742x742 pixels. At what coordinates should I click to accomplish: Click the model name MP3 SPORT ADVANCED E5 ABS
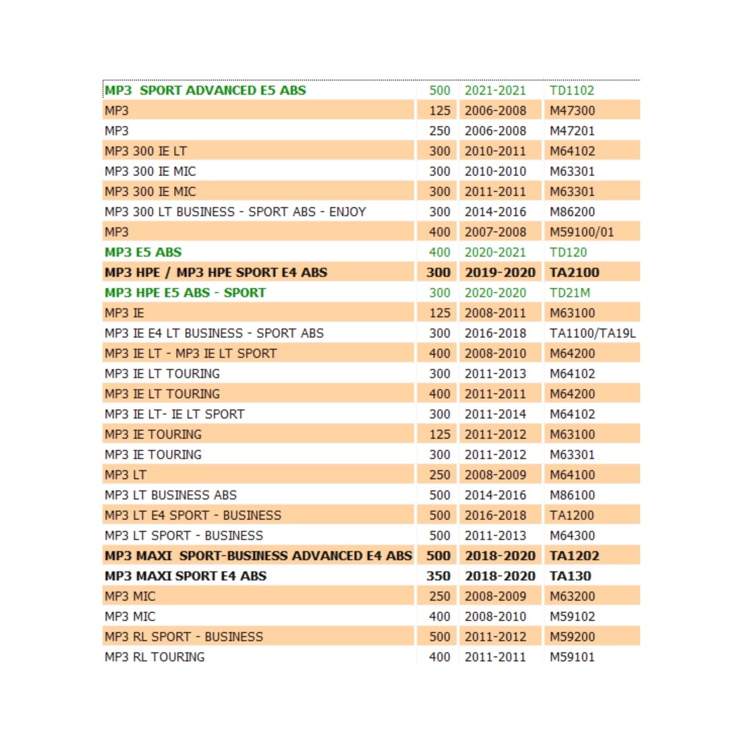tap(205, 90)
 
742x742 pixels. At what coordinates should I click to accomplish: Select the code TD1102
tap(572, 90)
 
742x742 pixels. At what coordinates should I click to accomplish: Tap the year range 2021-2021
tap(495, 90)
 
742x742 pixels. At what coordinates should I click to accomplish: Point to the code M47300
tap(572, 111)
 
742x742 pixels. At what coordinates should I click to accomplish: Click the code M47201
tap(572, 131)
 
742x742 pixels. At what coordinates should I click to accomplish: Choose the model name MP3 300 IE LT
tap(146, 151)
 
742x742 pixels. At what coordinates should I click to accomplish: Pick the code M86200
tap(572, 212)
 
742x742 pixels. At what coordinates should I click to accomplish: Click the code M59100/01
tap(581, 232)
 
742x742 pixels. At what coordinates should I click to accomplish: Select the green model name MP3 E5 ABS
tap(143, 252)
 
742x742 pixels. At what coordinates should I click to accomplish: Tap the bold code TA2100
tap(574, 273)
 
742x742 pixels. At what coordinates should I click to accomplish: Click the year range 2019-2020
tap(500, 273)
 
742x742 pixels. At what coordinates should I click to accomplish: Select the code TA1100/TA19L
tap(592, 333)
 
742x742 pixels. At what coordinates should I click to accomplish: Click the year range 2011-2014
tap(495, 414)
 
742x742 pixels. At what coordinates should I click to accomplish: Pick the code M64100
tap(572, 475)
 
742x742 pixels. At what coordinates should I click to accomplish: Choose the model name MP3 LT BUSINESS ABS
tap(171, 495)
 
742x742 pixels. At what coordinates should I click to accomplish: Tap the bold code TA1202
tap(574, 556)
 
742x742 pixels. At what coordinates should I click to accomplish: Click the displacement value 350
tap(438, 576)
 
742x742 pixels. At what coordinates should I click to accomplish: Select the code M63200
tap(572, 596)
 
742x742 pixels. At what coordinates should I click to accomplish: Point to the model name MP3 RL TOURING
tap(154, 657)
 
